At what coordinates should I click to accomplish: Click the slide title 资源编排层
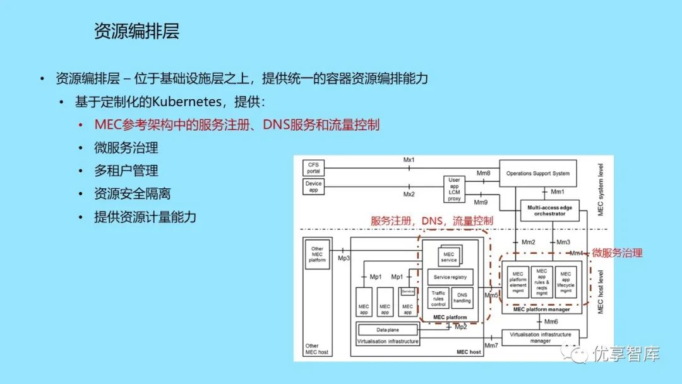[136, 32]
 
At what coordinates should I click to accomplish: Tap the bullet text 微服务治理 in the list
[126, 148]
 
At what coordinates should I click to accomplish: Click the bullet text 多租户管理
[126, 171]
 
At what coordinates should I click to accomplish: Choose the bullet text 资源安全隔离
[132, 194]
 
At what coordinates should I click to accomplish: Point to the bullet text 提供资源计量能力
[145, 217]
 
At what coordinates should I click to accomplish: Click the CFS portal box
[314, 167]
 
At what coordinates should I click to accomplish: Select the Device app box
[314, 187]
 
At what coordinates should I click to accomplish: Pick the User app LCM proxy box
[455, 189]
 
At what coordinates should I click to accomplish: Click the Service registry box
[450, 277]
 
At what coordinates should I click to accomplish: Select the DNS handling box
[462, 297]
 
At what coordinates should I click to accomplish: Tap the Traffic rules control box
[438, 297]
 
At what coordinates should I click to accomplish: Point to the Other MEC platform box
[317, 254]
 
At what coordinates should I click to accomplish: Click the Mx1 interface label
[409, 160]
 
